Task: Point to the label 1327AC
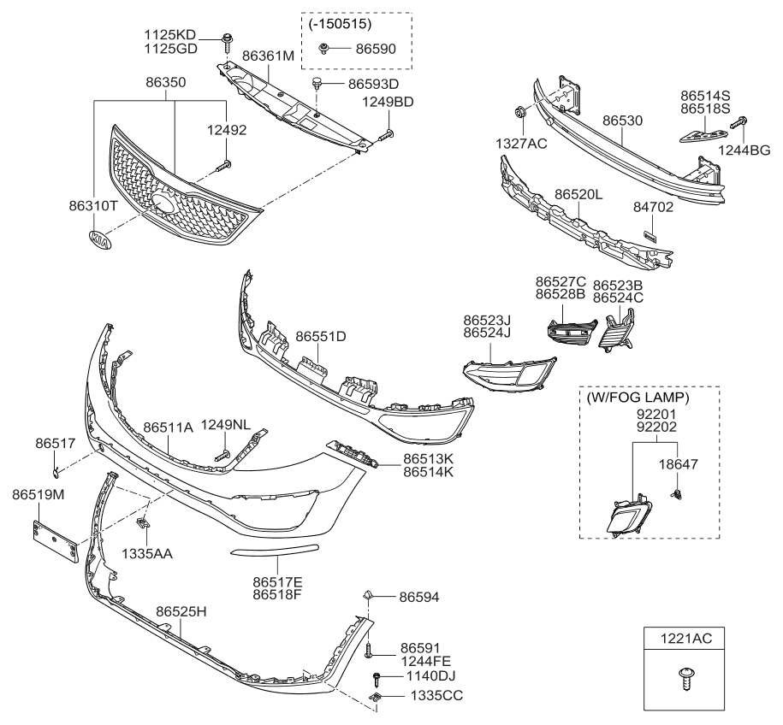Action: point(523,143)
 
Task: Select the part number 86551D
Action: point(321,336)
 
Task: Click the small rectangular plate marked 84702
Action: point(650,233)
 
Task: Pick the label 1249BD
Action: point(393,102)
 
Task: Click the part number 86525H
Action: point(181,611)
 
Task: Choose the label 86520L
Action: point(578,196)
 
